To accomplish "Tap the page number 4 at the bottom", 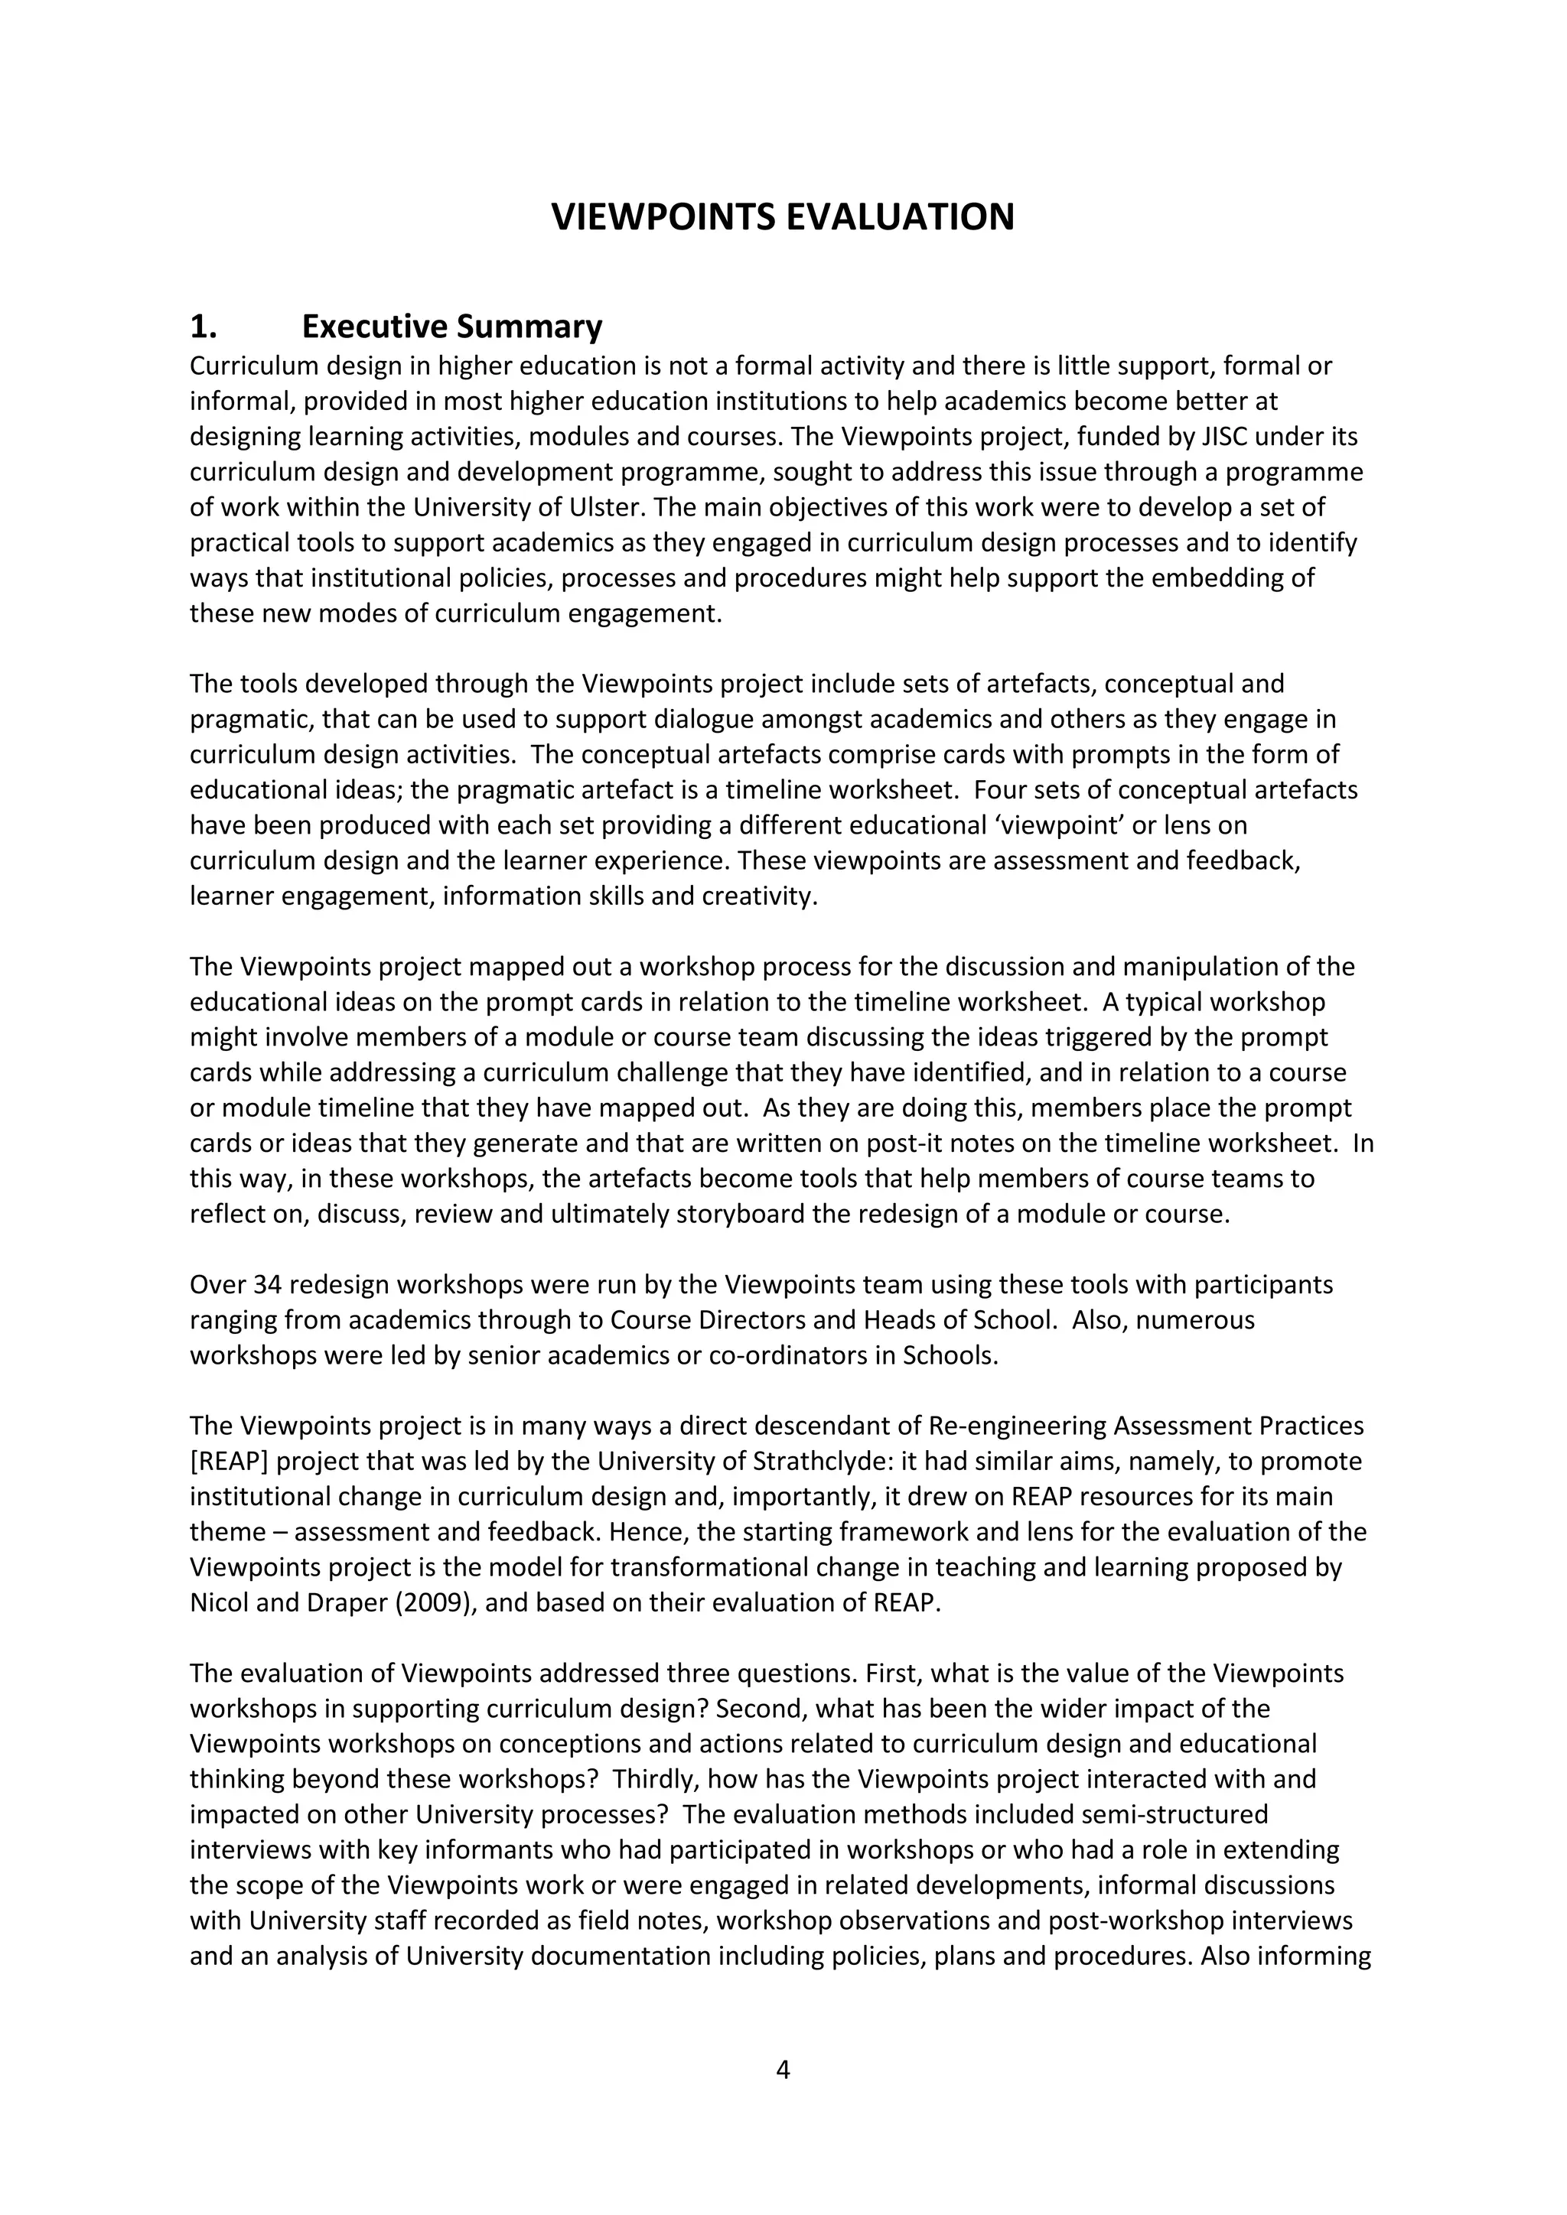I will (783, 2070).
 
